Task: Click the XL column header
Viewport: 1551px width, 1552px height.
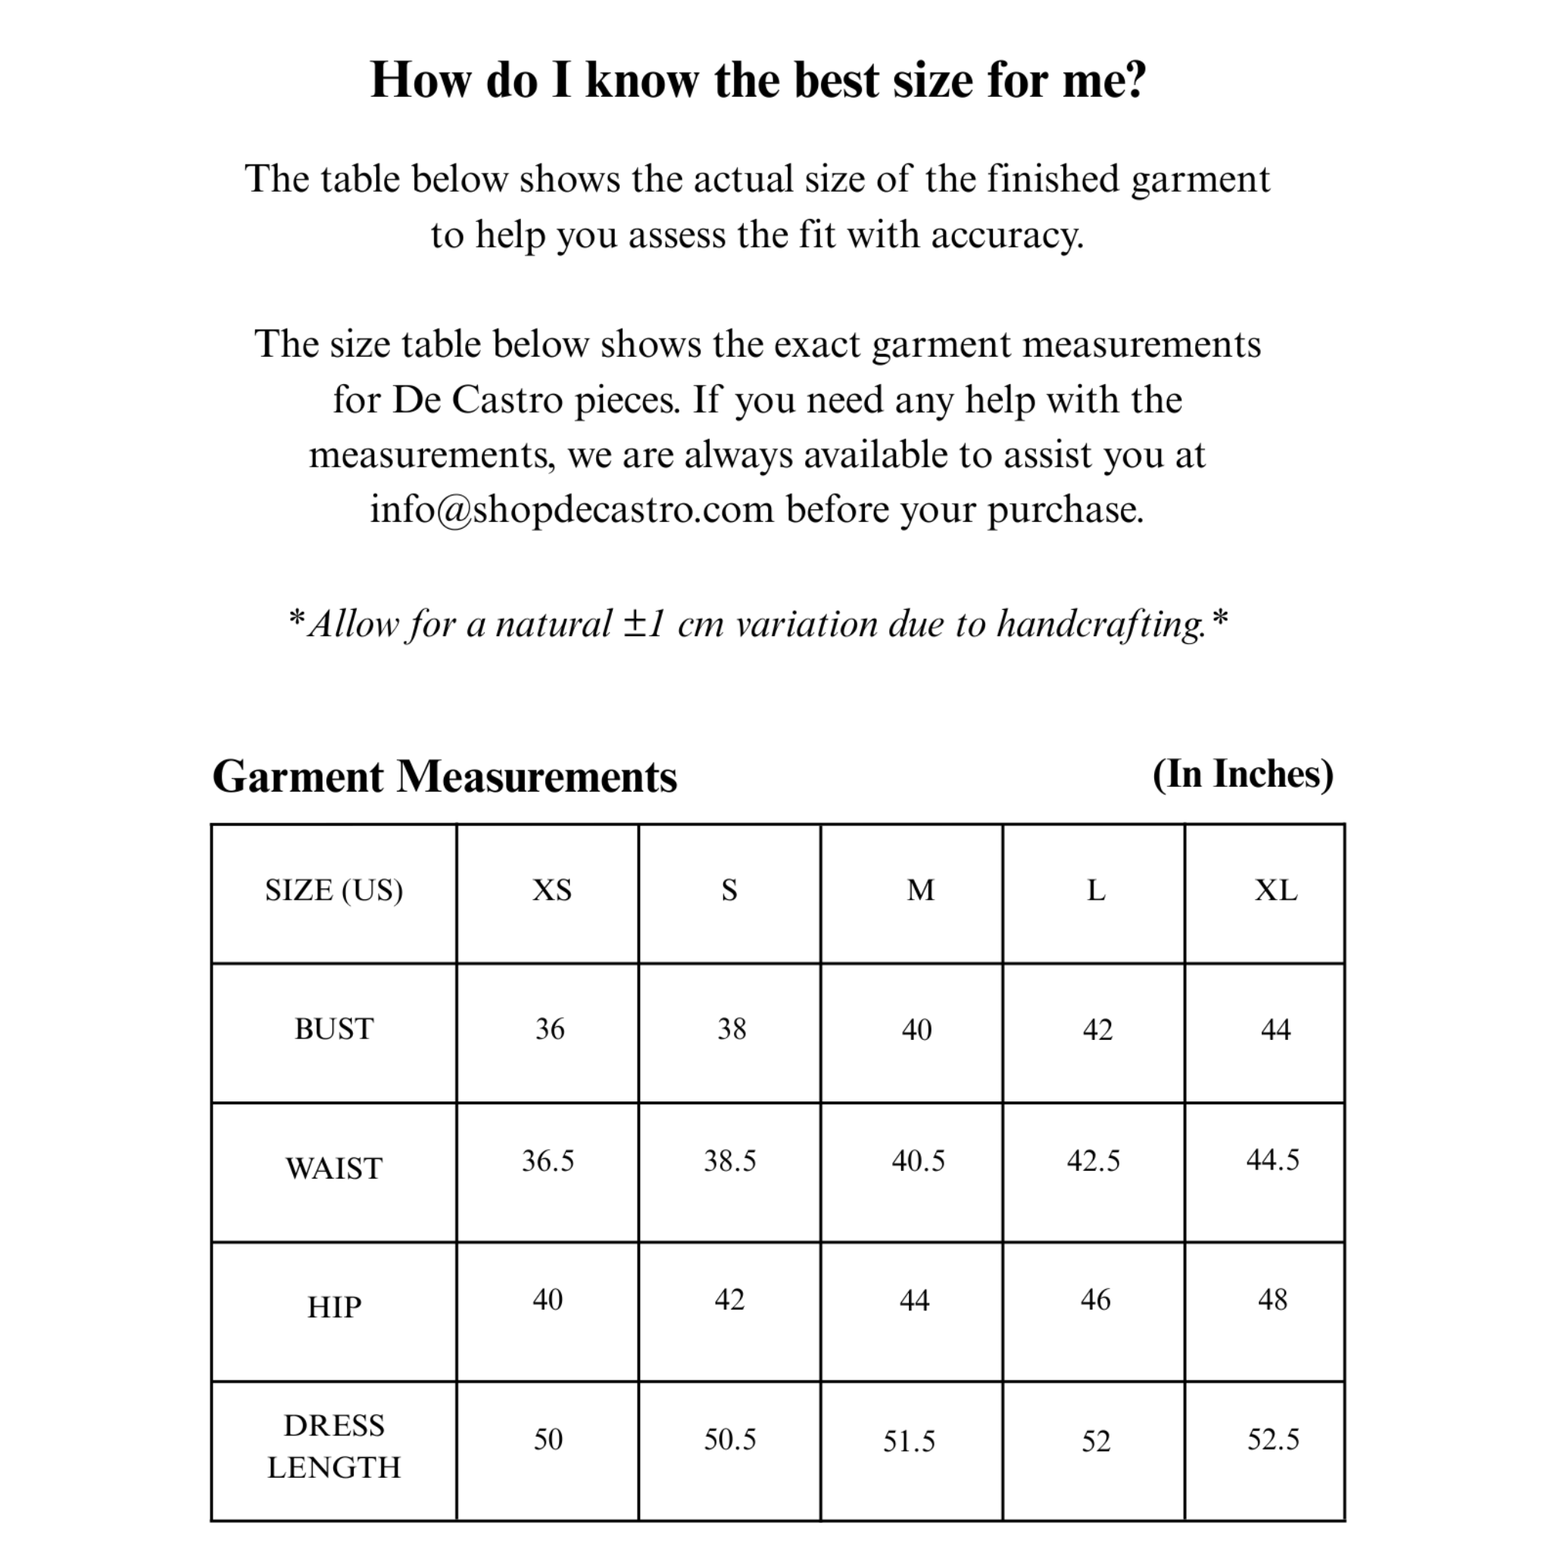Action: pyautogui.click(x=1275, y=890)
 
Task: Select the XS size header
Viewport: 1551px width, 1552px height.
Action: pyautogui.click(x=552, y=890)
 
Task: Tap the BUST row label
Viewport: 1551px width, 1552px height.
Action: pyautogui.click(x=334, y=1029)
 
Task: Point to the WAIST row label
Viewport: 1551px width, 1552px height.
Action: pyautogui.click(x=334, y=1168)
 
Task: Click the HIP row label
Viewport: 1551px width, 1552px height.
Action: pyautogui.click(x=334, y=1307)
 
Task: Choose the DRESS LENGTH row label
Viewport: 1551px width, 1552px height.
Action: pyautogui.click(x=334, y=1446)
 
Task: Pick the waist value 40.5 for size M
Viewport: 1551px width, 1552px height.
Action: pyautogui.click(x=918, y=1161)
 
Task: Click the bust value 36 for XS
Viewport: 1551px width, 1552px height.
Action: pyautogui.click(x=551, y=1029)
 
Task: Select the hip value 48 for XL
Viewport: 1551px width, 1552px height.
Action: pyautogui.click(x=1272, y=1300)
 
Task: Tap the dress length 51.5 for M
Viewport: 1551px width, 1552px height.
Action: pyautogui.click(x=910, y=1441)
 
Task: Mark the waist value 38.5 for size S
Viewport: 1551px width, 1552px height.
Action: pyautogui.click(x=729, y=1161)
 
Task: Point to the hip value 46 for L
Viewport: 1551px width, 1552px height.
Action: pyautogui.click(x=1096, y=1300)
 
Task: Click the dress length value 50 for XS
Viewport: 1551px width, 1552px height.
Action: pyautogui.click(x=548, y=1438)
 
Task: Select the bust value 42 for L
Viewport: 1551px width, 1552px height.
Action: pyautogui.click(x=1097, y=1030)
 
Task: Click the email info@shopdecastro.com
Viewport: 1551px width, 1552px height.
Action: pyautogui.click(x=571, y=509)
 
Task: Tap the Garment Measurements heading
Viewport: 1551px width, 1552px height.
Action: pyautogui.click(x=445, y=777)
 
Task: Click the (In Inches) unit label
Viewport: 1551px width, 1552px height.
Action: pyautogui.click(x=1243, y=773)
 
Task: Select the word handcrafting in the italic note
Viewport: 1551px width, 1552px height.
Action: pyautogui.click(x=1101, y=624)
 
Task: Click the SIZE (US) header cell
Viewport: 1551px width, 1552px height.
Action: pyautogui.click(x=334, y=890)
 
